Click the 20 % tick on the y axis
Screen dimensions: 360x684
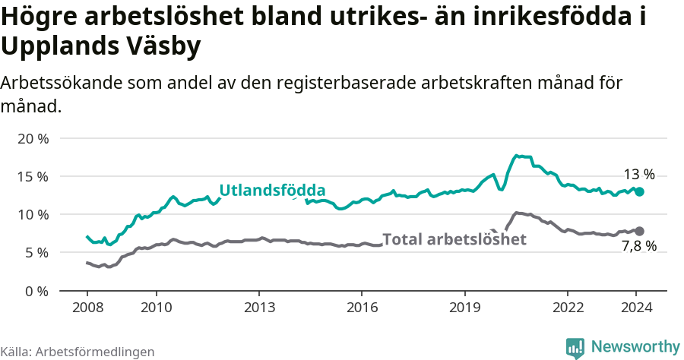point(33,138)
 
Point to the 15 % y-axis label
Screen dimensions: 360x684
point(33,176)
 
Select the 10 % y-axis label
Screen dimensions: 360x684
point(33,214)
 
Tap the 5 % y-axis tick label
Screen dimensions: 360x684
point(36,252)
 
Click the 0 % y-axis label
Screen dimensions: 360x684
point(36,290)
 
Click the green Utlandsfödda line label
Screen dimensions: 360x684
point(272,191)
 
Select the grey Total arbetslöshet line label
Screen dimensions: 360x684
point(454,239)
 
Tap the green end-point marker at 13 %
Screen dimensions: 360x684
point(640,192)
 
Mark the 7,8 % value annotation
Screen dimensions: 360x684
point(639,246)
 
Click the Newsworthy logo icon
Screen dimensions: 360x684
point(575,347)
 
